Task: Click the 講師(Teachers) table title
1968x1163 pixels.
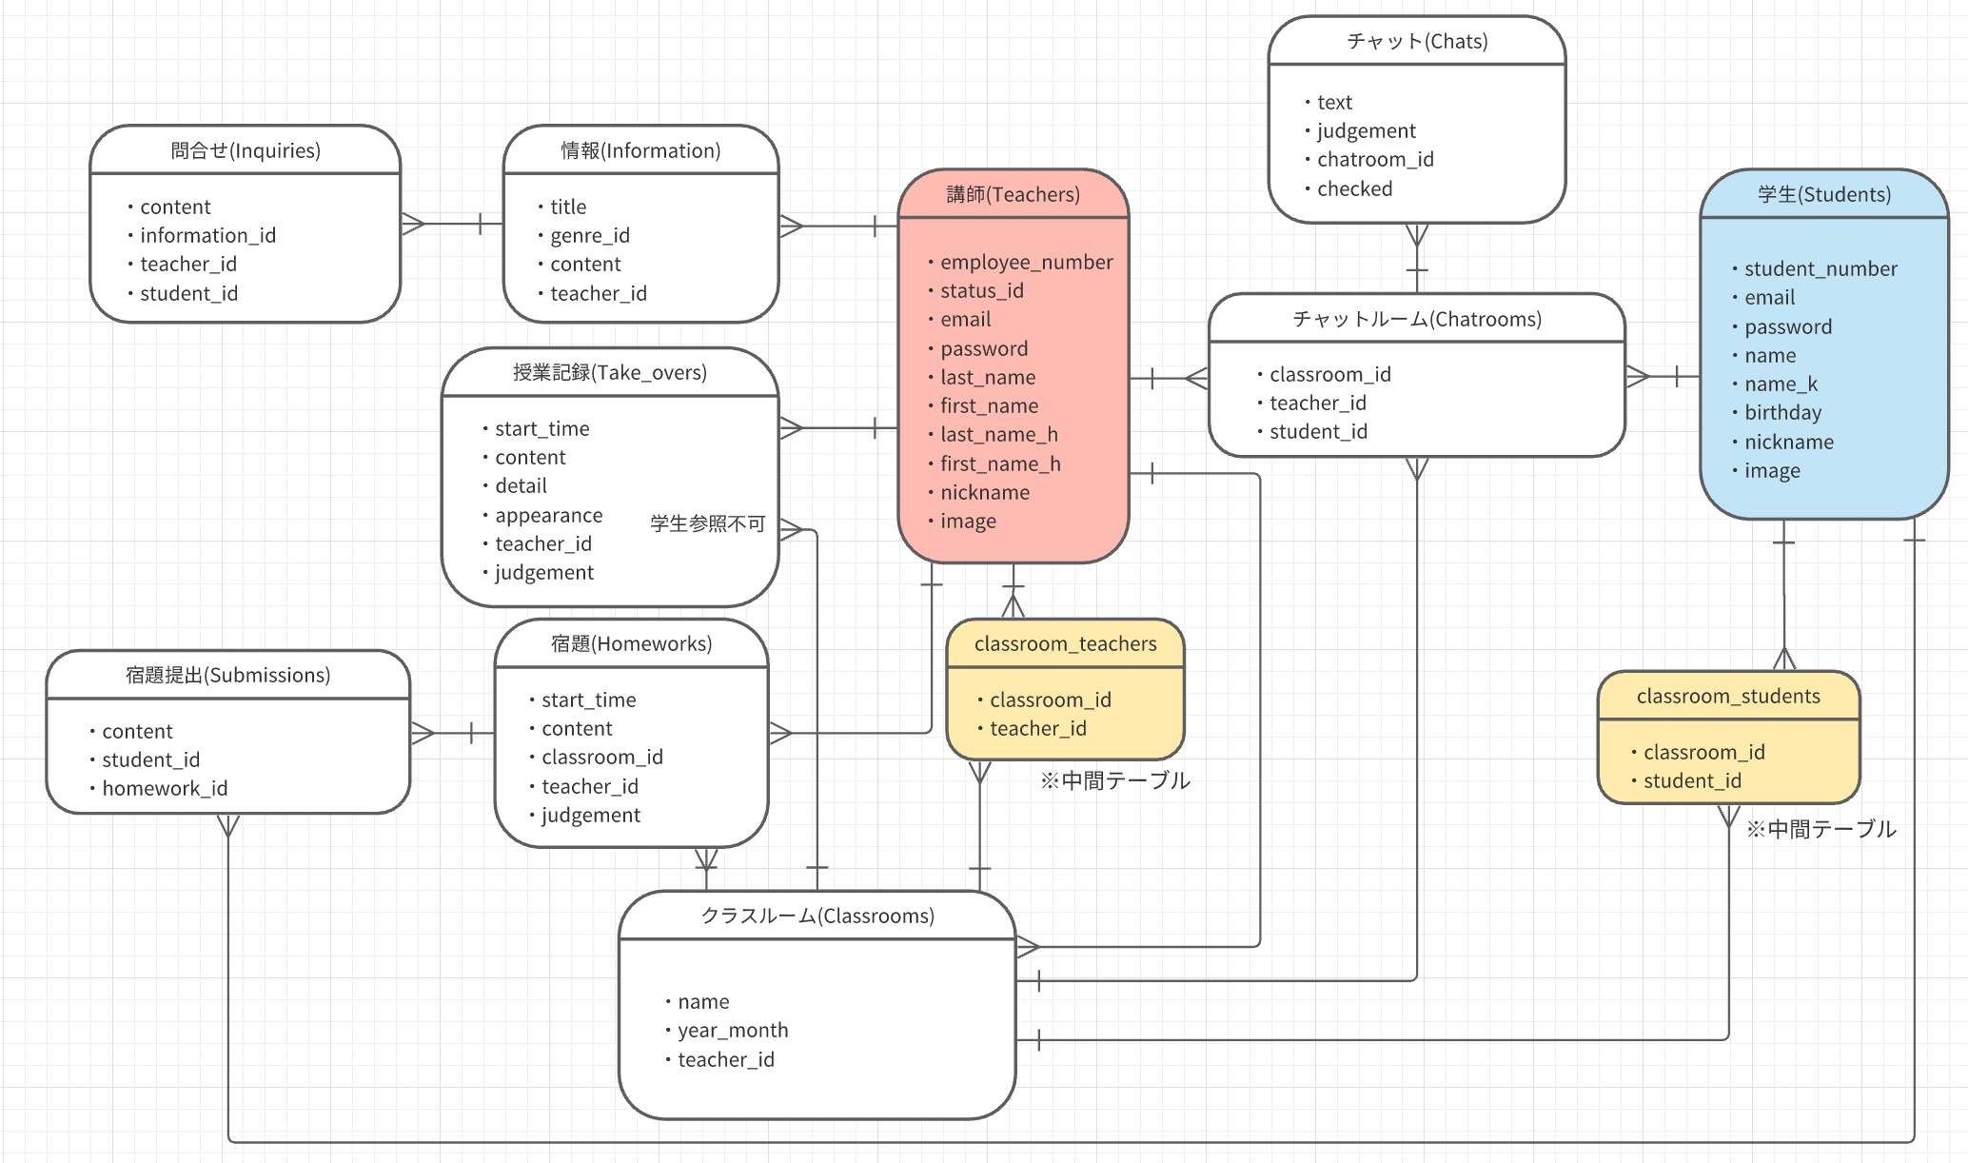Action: coord(1013,195)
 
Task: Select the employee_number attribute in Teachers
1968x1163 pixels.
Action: coord(1026,262)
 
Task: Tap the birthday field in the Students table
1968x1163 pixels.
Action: coord(1782,413)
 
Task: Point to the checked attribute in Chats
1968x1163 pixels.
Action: coord(1354,188)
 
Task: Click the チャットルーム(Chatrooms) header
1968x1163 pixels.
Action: coord(1416,319)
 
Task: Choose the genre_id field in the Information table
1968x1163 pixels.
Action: coord(590,235)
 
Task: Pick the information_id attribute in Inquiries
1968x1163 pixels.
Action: coord(207,235)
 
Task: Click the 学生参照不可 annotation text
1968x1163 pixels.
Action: coord(707,523)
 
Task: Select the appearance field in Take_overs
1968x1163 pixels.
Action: coord(548,515)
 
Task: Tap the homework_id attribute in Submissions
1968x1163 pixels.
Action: coord(165,788)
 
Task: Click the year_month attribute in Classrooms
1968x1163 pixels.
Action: coord(733,1030)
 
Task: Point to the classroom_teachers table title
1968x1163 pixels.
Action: coord(1065,644)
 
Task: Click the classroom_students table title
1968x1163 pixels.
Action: coord(1727,696)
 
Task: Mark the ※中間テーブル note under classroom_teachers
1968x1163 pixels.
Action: coord(1114,780)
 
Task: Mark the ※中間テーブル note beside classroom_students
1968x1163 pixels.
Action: coord(1820,829)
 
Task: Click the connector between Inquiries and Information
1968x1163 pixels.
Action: coord(452,224)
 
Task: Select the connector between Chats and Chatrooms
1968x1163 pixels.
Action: coord(1417,259)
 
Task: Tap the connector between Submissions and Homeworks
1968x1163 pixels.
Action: coord(453,733)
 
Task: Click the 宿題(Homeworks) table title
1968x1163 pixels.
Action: coord(631,644)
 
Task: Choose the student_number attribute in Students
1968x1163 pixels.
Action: coord(1820,268)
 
